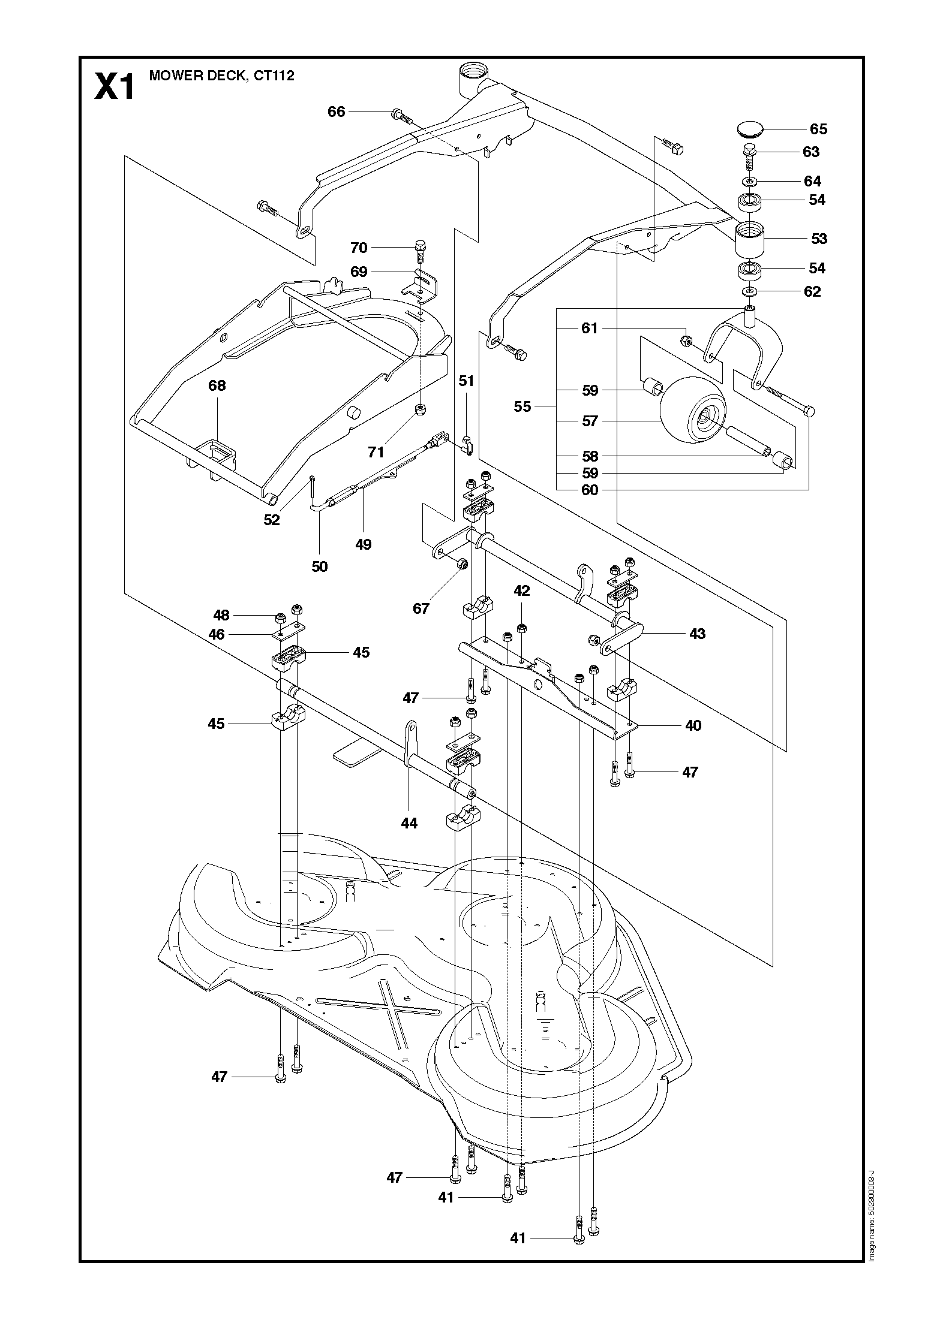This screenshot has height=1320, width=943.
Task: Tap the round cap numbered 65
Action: [x=752, y=129]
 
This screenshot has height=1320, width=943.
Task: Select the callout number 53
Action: [x=819, y=239]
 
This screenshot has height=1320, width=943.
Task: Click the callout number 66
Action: [x=337, y=111]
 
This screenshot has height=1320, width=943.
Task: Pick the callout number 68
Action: [x=217, y=385]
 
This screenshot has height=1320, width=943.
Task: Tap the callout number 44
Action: [x=409, y=824]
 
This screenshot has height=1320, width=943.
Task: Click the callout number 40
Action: [x=693, y=725]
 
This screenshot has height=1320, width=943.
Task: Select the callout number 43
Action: [x=697, y=634]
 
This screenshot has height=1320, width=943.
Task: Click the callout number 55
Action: [x=522, y=406]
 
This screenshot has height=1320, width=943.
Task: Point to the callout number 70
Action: [x=359, y=248]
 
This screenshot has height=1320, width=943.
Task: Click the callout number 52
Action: [x=272, y=520]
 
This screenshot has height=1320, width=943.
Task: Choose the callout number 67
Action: [x=421, y=608]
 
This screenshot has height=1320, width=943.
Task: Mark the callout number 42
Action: [x=522, y=590]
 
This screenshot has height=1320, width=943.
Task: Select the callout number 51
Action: [x=466, y=381]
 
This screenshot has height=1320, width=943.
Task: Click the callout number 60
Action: [x=590, y=490]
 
